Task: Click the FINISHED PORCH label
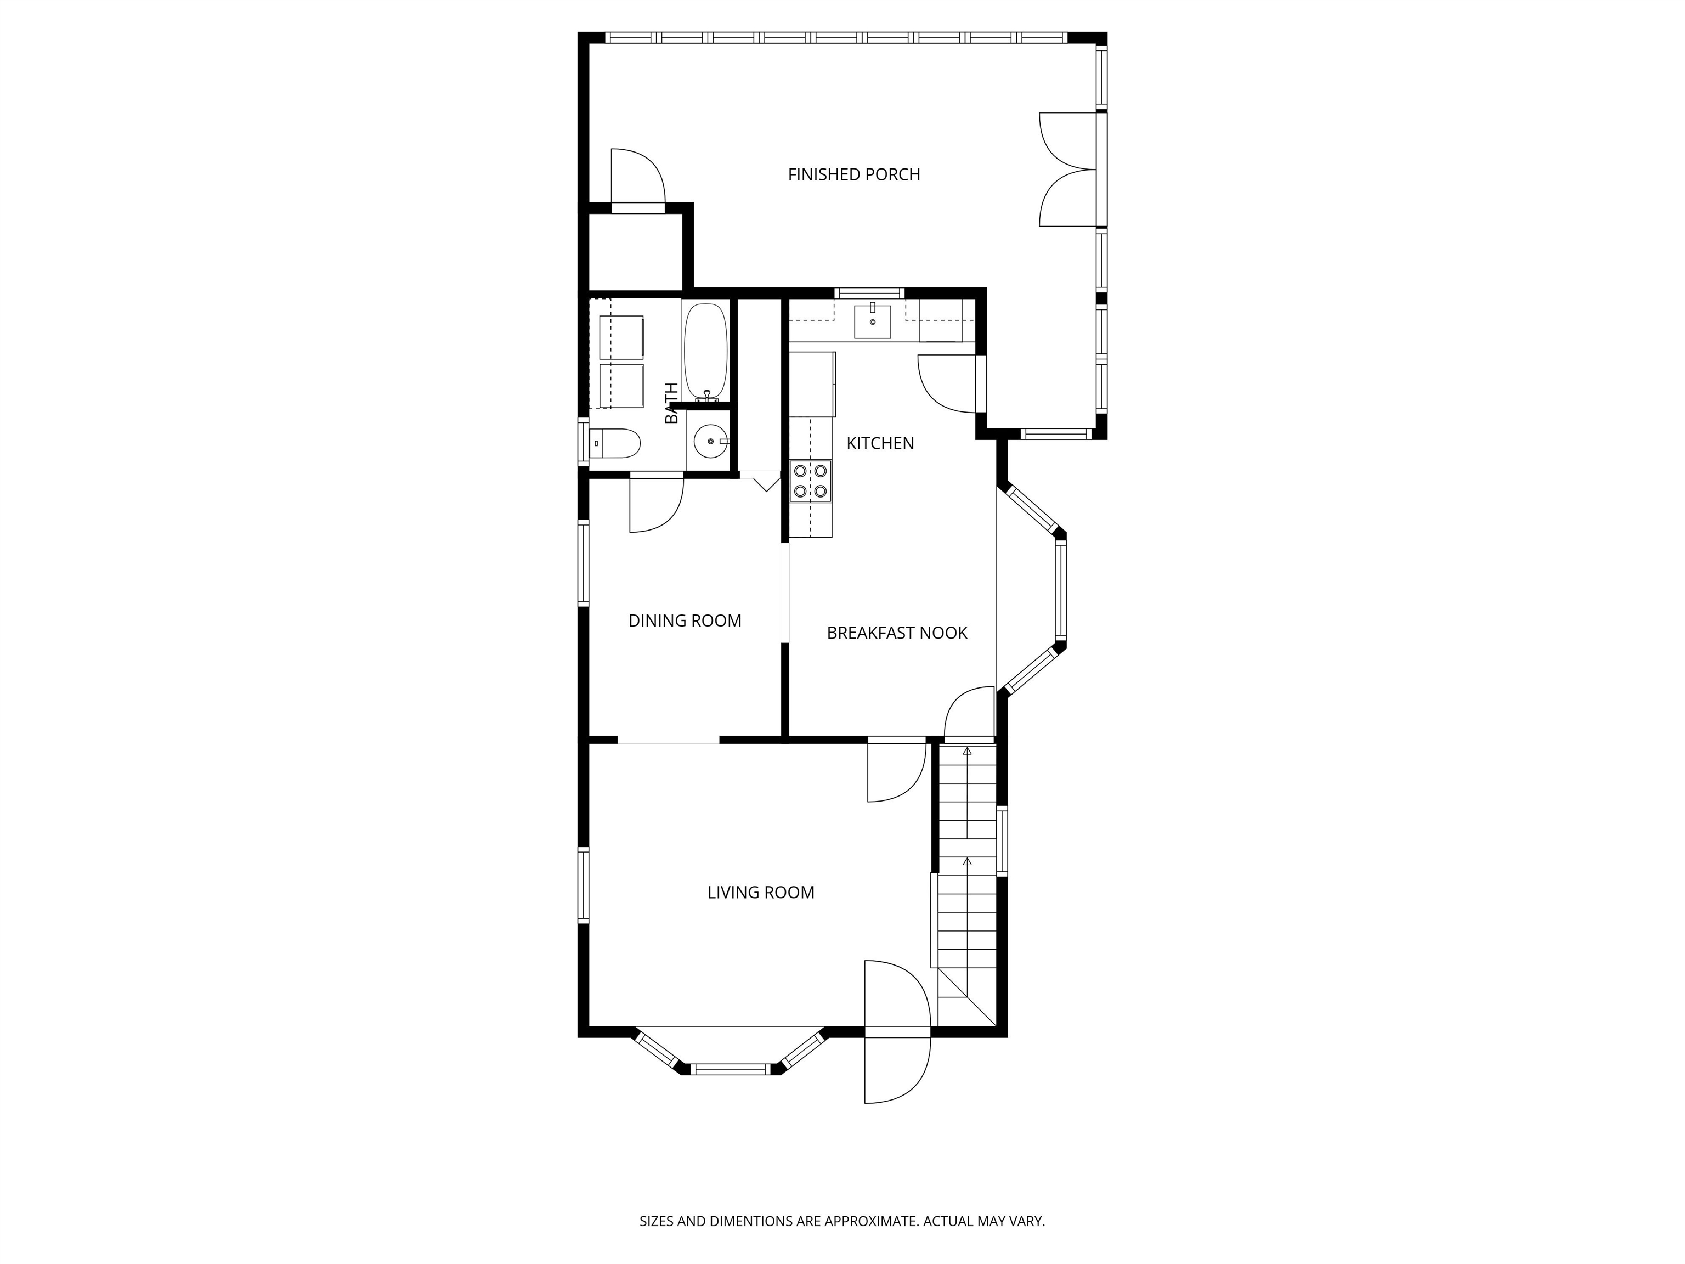pyautogui.click(x=854, y=174)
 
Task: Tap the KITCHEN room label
pyautogui.click(x=880, y=443)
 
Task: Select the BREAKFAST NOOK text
pyautogui.click(x=897, y=633)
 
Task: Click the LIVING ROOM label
pyautogui.click(x=761, y=892)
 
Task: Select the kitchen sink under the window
pyautogui.click(x=872, y=321)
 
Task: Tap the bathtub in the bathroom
pyautogui.click(x=705, y=351)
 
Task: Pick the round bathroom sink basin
pyautogui.click(x=710, y=441)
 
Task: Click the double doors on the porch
pyautogui.click(x=1068, y=169)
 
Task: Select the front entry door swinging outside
pyautogui.click(x=897, y=1066)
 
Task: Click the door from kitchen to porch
pyautogui.click(x=947, y=384)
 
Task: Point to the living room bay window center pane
pyautogui.click(x=731, y=1069)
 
